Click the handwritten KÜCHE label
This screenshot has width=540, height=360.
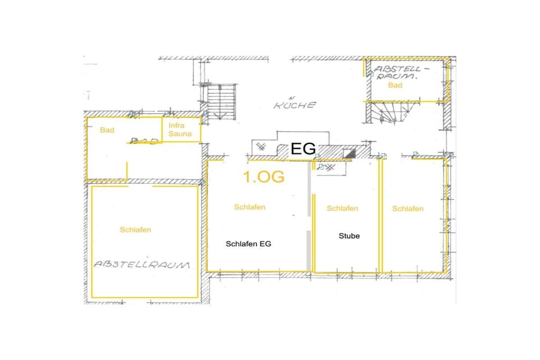click(294, 104)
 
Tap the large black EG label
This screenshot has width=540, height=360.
click(303, 149)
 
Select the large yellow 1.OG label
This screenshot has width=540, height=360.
click(264, 177)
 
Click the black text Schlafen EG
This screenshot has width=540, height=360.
click(248, 244)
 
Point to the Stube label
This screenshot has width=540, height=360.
click(349, 236)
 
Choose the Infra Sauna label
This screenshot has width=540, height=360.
click(180, 130)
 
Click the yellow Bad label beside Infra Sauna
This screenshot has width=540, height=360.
click(107, 130)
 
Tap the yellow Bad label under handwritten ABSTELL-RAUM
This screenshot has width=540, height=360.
click(395, 85)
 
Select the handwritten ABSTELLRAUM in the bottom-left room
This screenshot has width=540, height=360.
click(142, 265)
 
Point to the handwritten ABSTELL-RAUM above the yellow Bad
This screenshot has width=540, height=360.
click(398, 73)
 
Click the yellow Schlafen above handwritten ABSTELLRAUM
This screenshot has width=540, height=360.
click(136, 230)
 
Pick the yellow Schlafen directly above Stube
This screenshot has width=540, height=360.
click(342, 208)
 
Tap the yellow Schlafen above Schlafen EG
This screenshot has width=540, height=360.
click(249, 207)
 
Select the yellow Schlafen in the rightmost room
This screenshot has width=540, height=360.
click(408, 209)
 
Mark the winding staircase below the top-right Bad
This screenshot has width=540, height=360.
click(392, 113)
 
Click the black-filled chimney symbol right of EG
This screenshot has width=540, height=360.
click(349, 154)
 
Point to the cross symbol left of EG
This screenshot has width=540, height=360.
click(262, 147)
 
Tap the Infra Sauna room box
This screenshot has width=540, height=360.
click(181, 130)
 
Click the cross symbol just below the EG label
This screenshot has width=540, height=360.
click(330, 168)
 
